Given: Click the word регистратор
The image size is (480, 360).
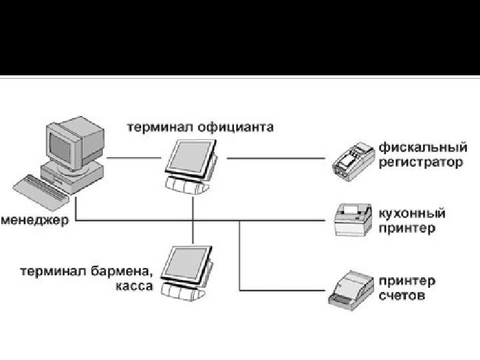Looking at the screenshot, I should point(420,162).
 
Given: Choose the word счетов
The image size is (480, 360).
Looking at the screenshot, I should point(401,295).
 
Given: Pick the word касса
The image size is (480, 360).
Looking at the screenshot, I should point(135,286).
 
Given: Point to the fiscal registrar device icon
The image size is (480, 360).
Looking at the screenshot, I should point(353,160).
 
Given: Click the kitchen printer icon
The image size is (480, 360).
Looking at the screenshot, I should point(352,219).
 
